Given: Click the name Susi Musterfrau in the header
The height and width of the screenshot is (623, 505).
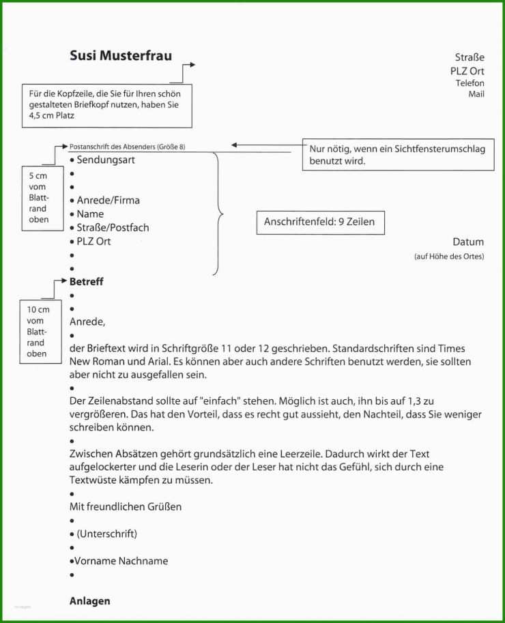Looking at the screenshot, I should pos(121,56).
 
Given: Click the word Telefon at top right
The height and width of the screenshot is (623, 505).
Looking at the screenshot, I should pos(470,83).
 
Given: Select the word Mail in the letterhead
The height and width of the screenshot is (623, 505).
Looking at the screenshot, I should pos(476,94).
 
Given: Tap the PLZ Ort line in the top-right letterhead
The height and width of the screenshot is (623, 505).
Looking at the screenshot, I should pos(467,70).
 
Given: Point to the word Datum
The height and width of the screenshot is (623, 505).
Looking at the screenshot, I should pos(467,242).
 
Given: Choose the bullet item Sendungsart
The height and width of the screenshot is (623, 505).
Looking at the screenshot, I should pos(105,160).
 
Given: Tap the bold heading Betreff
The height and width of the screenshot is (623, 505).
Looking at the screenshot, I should pos(87,281).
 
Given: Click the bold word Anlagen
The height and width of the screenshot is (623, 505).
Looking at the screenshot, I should pos(89,601).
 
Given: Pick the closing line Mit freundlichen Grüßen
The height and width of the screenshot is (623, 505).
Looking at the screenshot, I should pos(126,506).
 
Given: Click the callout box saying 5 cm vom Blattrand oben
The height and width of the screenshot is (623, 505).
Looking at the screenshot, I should pos(38,197).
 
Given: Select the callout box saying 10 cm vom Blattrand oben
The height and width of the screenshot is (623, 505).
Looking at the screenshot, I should pos(38,332).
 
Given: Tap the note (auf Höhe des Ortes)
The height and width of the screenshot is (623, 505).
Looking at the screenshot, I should pos(448,257).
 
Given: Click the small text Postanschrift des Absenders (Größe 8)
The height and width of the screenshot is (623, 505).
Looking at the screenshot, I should pos(127,147).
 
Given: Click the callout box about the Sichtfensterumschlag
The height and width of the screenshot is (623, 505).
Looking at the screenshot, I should pos(396,155).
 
